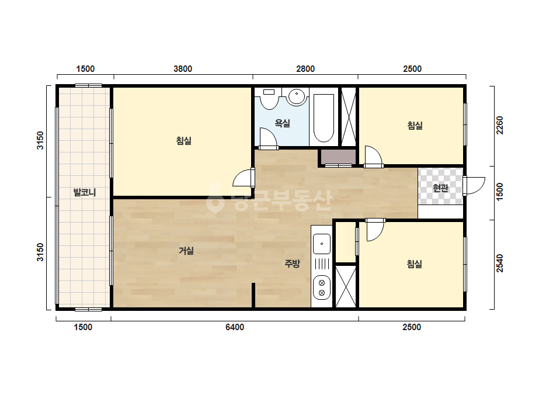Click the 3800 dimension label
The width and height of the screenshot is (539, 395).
[x=183, y=69]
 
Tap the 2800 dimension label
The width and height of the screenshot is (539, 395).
[x=305, y=69]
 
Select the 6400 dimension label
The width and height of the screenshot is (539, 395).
[x=235, y=327]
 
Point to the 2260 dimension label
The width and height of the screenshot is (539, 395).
[x=500, y=125]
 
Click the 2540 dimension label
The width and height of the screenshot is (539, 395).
[x=500, y=263]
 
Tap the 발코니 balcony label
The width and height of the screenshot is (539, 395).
[x=85, y=192]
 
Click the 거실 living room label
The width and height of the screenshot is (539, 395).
[x=186, y=251]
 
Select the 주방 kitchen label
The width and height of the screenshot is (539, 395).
[x=292, y=264]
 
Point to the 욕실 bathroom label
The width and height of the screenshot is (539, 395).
[x=283, y=123]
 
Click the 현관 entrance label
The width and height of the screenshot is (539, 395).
[x=441, y=188]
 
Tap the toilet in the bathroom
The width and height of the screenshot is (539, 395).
[x=269, y=99]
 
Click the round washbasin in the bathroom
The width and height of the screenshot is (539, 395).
[x=297, y=97]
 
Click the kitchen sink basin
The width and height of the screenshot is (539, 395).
[x=322, y=244]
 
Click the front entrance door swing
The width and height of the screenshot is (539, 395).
[x=474, y=186]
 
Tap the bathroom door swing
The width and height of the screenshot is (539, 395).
[x=268, y=138]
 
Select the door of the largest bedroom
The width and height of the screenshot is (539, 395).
[x=244, y=178]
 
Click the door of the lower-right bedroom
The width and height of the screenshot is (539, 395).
[x=375, y=230]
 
